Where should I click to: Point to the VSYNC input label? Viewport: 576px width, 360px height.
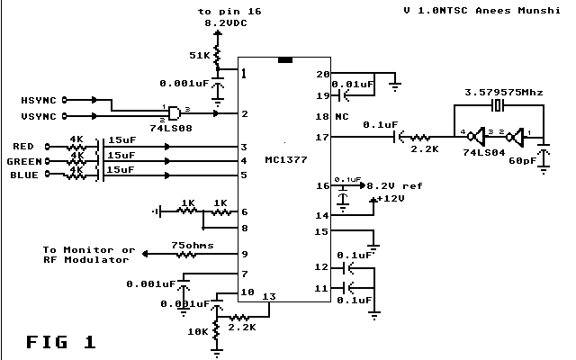pyautogui.click(x=39, y=116)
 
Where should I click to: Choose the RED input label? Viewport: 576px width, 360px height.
pyautogui.click(x=24, y=146)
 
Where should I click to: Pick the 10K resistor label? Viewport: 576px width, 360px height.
pyautogui.click(x=197, y=332)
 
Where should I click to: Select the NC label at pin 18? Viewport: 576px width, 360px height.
pyautogui.click(x=343, y=116)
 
